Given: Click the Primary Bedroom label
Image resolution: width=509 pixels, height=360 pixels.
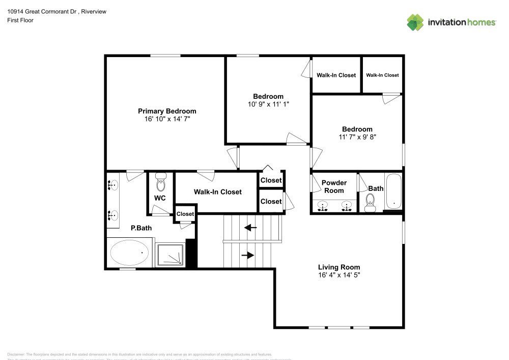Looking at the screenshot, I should (167, 111).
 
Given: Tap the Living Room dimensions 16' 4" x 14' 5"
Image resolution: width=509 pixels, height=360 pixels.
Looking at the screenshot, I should (339, 274).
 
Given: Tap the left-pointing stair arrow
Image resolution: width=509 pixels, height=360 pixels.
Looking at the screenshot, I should (250, 228).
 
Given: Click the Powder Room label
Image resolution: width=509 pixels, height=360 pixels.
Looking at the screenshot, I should (334, 186).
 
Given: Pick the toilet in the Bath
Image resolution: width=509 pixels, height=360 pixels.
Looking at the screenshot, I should (371, 202).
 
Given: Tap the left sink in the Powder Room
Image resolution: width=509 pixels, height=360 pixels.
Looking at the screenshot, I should (322, 206).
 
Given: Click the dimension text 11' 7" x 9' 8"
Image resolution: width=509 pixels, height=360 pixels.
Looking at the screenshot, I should (357, 136).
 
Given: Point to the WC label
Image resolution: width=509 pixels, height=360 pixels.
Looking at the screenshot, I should (160, 198).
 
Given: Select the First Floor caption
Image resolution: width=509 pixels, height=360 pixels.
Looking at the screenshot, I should (20, 20).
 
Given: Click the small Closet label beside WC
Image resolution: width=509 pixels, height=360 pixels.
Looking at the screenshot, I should (185, 214).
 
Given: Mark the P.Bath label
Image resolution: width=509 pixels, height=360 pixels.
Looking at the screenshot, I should (141, 228).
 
